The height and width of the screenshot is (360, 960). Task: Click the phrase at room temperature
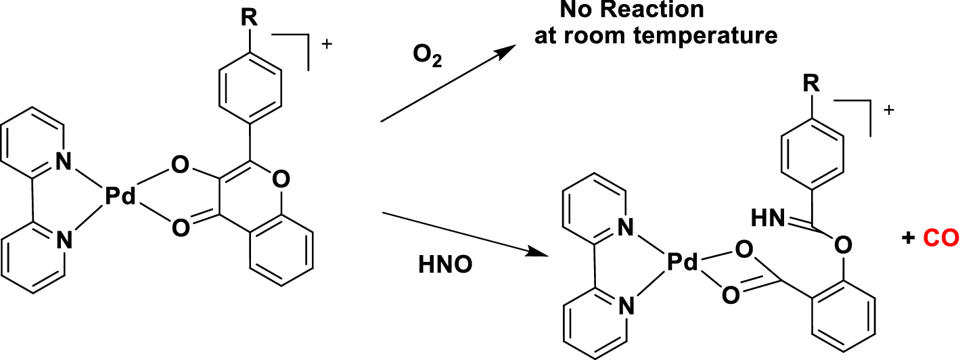coord(656,35)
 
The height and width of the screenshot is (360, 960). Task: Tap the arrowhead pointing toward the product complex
coord(539,254)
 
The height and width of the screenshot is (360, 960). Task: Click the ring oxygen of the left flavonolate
coord(283,179)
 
